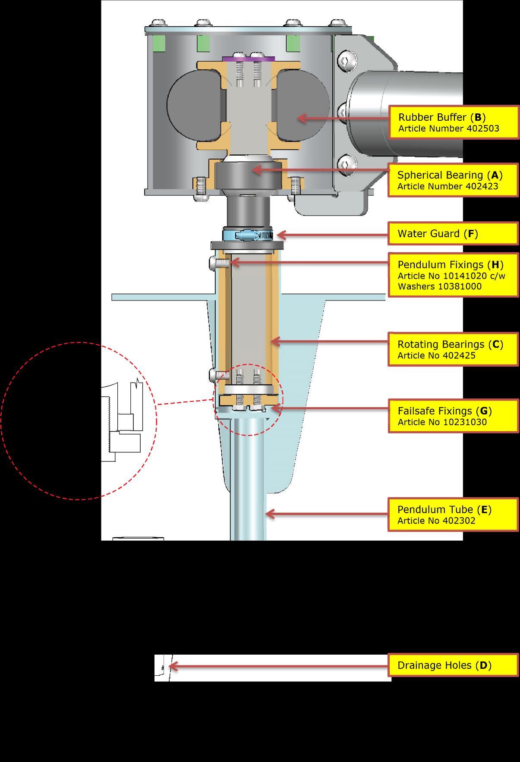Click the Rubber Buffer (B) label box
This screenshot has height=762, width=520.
(x=454, y=122)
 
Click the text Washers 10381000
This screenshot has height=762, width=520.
(x=439, y=286)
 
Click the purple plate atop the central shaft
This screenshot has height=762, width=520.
(x=249, y=59)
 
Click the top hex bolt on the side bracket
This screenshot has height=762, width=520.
(x=344, y=61)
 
